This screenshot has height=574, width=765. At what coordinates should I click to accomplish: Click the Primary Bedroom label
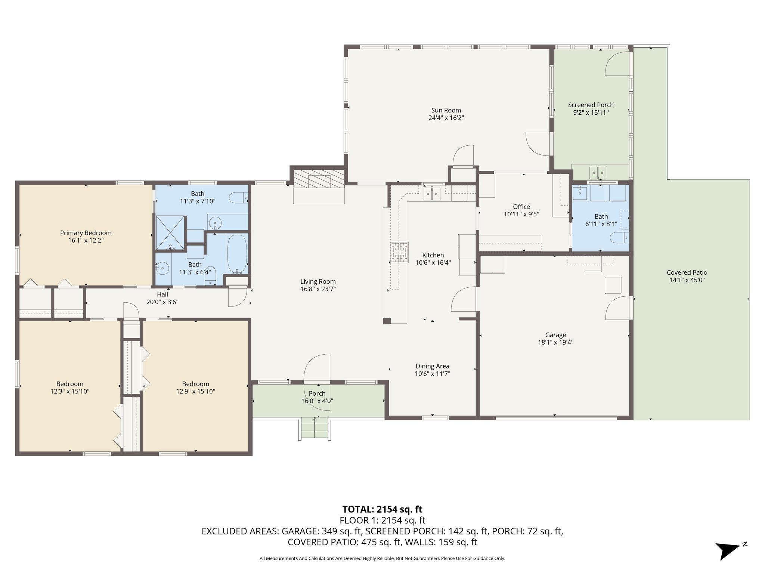pos(86,233)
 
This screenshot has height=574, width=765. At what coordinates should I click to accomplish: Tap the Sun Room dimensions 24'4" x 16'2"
pos(446,118)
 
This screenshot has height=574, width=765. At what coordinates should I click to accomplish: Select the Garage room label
pos(555,335)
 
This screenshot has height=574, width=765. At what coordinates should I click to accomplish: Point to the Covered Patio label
pos(687,272)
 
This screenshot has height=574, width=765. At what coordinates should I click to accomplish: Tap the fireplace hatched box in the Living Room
pos(319,179)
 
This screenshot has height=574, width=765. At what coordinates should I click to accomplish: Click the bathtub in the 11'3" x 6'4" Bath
pos(237,254)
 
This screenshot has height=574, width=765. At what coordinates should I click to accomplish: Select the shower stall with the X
pos(170,232)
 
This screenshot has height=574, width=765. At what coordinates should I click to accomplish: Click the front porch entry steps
pos(315,428)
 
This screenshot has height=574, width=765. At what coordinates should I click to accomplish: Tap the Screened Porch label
pos(591,105)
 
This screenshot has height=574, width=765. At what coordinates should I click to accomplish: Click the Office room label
pos(521,207)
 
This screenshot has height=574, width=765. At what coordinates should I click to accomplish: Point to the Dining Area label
pos(433,366)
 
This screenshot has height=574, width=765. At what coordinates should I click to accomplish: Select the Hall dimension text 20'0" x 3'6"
pos(162,302)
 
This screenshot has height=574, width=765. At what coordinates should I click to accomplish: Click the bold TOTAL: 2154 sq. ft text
pos(382,509)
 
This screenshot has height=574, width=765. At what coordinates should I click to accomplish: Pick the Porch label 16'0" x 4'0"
pos(317,397)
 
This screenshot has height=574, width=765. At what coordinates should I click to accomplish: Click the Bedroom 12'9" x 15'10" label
pos(196,388)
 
